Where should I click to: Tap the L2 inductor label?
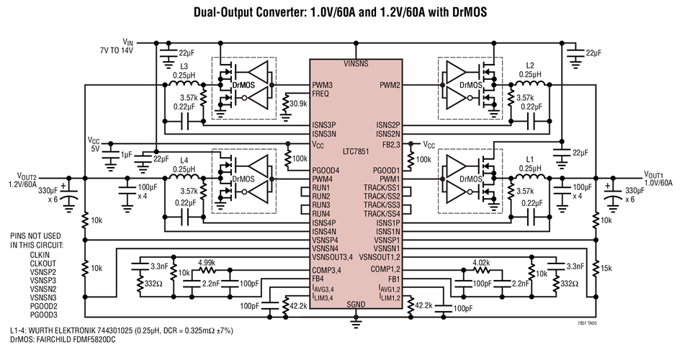(x=532, y=66)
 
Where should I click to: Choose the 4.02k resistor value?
(x=482, y=263)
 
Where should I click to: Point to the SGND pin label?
(x=355, y=305)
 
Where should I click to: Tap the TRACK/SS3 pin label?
(x=382, y=204)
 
